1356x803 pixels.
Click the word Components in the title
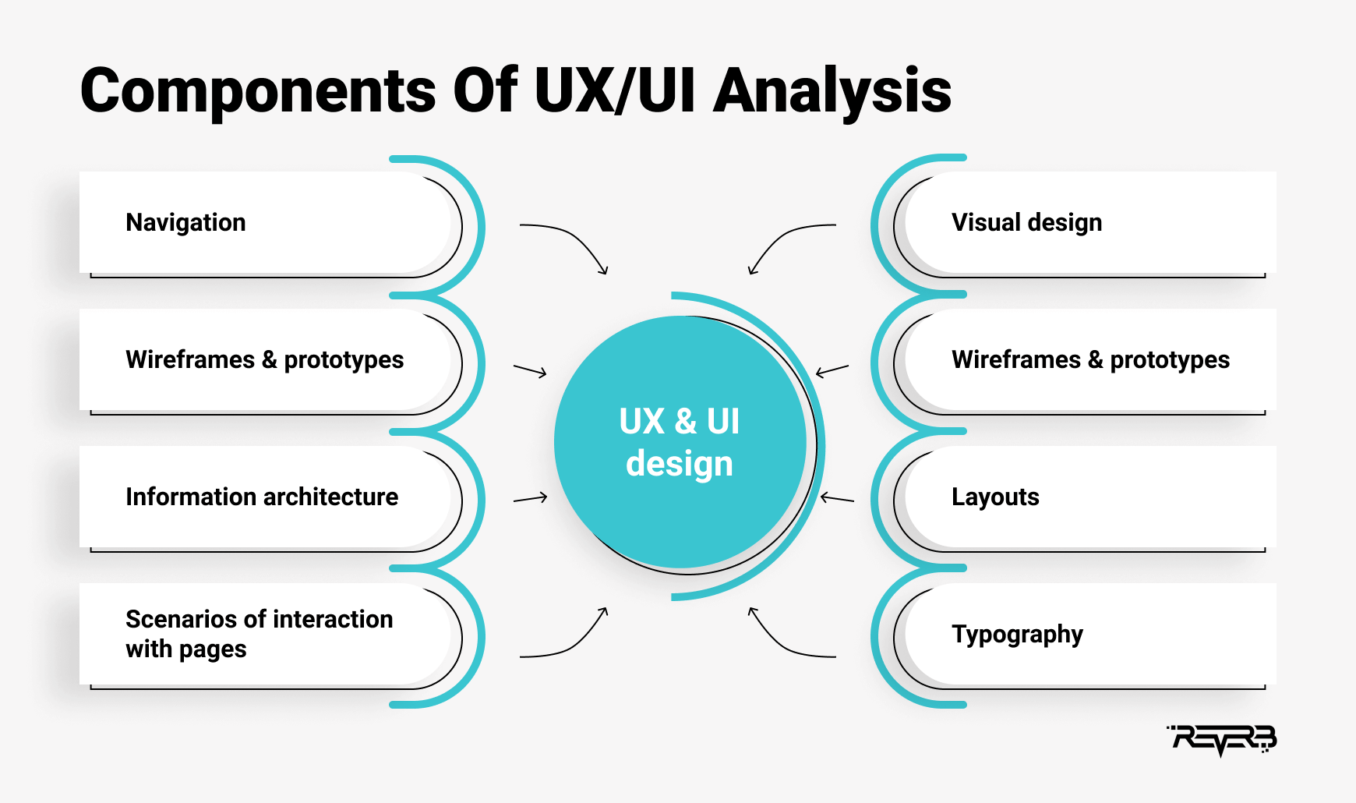pyautogui.click(x=258, y=92)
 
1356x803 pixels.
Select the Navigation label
pyautogui.click(x=185, y=223)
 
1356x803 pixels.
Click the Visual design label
pyautogui.click(x=1026, y=223)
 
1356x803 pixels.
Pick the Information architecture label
pyautogui.click(x=262, y=497)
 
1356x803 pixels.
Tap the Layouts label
pyautogui.click(x=995, y=497)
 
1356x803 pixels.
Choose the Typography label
pyautogui.click(x=1017, y=635)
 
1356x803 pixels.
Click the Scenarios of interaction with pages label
pyautogui.click(x=260, y=634)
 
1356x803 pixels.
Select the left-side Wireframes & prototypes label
pyautogui.click(x=265, y=360)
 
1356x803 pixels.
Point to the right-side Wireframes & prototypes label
pyautogui.click(x=1090, y=360)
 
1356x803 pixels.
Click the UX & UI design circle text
pyautogui.click(x=680, y=442)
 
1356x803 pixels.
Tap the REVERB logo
pyautogui.click(x=1222, y=740)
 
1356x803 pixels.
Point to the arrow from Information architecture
pyautogui.click(x=530, y=497)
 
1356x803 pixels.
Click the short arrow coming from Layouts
pyautogui.click(x=837, y=498)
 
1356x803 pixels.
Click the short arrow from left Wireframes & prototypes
pyautogui.click(x=530, y=370)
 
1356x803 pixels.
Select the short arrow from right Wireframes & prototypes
pyautogui.click(x=832, y=370)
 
